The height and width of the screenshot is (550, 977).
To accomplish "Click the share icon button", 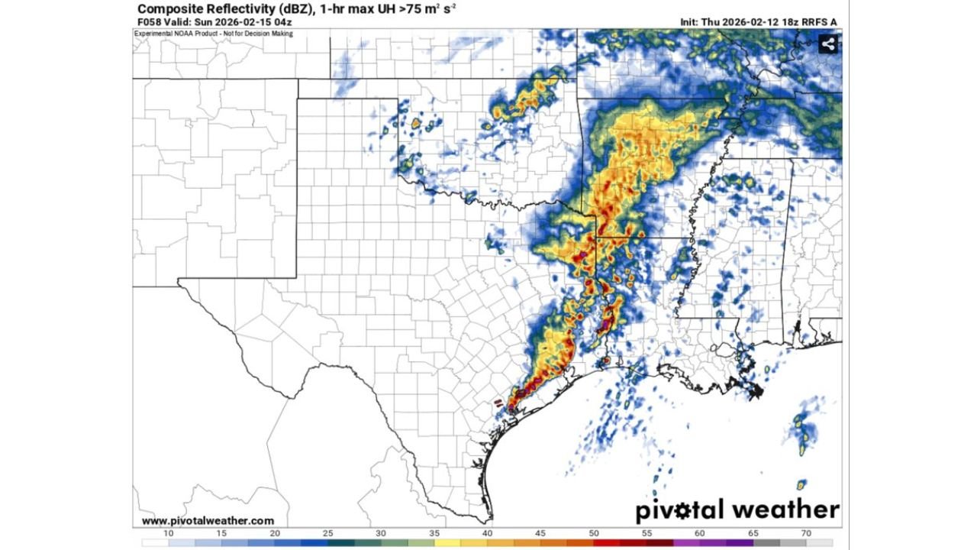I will (828, 44).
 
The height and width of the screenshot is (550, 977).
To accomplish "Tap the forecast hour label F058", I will (149, 22).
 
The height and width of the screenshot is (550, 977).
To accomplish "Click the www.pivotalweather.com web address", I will (208, 521).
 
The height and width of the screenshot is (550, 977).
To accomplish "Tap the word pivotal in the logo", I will (679, 510).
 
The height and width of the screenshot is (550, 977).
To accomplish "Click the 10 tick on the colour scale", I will (169, 532).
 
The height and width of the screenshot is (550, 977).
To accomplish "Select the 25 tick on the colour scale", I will (328, 532).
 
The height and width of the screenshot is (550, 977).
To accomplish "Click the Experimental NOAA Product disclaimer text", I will (214, 34).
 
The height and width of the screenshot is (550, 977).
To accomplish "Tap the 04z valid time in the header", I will (283, 22).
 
